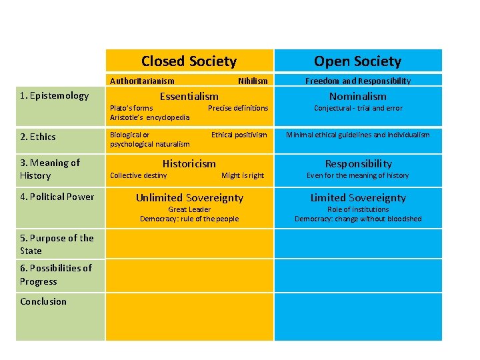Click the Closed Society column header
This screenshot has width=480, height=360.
(x=189, y=61)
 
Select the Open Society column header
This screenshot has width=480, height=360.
(x=357, y=61)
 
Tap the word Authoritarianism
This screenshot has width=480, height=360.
(x=142, y=81)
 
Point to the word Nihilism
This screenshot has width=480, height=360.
(x=253, y=81)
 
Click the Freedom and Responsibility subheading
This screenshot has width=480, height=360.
(x=358, y=81)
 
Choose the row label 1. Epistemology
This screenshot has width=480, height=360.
(x=54, y=95)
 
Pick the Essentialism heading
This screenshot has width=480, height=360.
(x=189, y=96)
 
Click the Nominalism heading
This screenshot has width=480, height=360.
(x=358, y=96)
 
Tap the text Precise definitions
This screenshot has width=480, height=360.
(x=238, y=108)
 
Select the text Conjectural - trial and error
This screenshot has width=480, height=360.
(x=358, y=108)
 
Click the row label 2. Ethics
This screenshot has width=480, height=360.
(x=38, y=137)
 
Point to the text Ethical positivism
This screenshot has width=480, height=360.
(x=239, y=135)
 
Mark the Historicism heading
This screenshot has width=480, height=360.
(x=189, y=163)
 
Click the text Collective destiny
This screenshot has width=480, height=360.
(x=138, y=175)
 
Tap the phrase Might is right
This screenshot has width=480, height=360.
(x=243, y=175)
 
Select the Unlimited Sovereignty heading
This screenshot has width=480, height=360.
(x=189, y=197)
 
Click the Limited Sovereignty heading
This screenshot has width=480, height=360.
(x=358, y=197)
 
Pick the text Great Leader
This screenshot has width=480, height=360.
(x=189, y=209)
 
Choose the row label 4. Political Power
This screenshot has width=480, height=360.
(x=57, y=197)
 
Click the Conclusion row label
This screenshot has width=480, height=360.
(x=43, y=301)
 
